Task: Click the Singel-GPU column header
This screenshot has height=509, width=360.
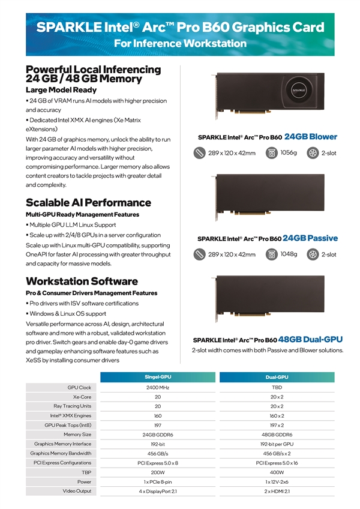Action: [158, 376]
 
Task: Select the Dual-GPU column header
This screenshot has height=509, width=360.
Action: [277, 376]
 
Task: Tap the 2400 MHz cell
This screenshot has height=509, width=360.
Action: [158, 387]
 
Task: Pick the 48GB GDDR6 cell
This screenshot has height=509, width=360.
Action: [277, 434]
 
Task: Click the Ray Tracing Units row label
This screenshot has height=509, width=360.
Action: [72, 406]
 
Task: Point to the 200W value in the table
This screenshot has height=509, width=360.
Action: [158, 472]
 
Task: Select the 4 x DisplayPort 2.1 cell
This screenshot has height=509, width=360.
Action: [158, 491]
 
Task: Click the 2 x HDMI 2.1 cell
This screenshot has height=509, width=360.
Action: [277, 491]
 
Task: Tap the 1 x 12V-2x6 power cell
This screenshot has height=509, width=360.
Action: [277, 481]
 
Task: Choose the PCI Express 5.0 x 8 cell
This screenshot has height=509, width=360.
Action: [158, 463]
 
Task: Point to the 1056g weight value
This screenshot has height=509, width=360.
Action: [289, 152]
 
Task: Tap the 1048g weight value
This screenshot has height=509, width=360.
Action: [289, 254]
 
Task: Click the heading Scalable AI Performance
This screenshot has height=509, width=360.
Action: [88, 202]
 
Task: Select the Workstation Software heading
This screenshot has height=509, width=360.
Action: [82, 281]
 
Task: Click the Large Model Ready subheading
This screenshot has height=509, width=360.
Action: [61, 90]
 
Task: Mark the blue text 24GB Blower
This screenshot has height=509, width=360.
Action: [310, 136]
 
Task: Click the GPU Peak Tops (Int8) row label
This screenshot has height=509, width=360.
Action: [68, 425]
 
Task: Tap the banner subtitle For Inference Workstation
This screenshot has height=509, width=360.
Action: [180, 43]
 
